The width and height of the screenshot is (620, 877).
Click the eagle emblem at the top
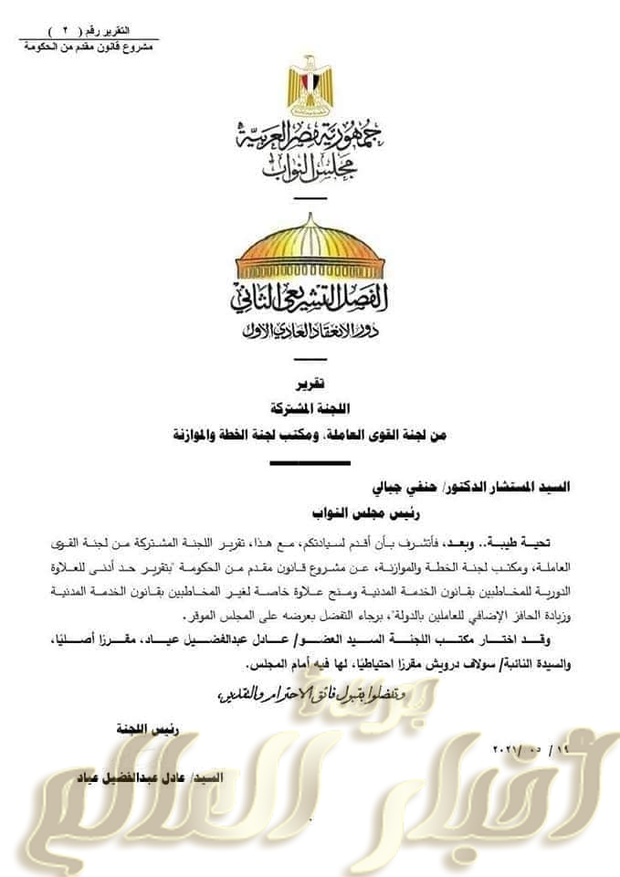click(x=310, y=87)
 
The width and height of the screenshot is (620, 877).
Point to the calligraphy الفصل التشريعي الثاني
click(x=310, y=298)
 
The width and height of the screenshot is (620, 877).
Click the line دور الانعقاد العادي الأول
click(x=310, y=329)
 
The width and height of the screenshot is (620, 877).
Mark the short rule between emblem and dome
click(x=310, y=198)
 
